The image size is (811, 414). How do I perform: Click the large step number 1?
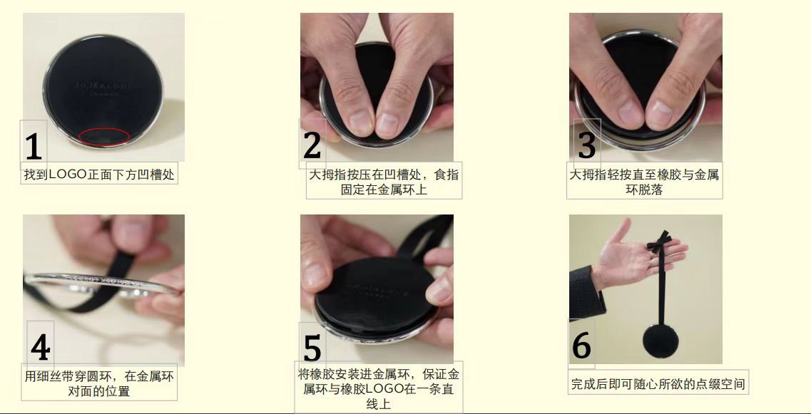pos(34,146)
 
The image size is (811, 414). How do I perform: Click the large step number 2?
pos(312,145)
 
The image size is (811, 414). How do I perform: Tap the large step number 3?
pos(586,145)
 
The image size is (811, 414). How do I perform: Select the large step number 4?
pos(40,348)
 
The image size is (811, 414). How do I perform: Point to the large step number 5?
pos(312,348)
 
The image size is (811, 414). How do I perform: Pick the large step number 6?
pos(581,346)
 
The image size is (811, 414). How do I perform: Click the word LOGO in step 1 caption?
pos(68,174)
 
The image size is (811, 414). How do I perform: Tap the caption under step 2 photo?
pos(384,182)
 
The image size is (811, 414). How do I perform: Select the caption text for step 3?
pos(644,182)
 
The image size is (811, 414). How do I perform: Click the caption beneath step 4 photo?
pos(99,383)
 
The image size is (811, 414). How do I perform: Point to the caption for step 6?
pos(658,384)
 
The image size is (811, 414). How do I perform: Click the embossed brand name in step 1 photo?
pos(103,84)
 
